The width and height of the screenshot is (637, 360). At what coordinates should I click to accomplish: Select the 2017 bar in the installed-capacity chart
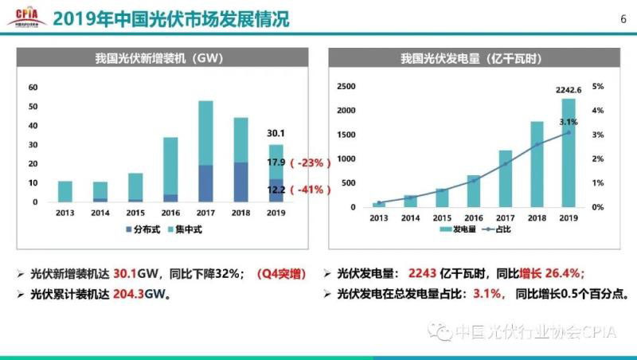pos(205,151)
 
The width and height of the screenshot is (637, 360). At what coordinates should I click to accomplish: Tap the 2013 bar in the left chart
pos(65,191)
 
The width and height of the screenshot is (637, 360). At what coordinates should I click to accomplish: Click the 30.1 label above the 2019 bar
pos(276,134)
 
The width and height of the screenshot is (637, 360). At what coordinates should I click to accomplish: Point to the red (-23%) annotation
pos(310,162)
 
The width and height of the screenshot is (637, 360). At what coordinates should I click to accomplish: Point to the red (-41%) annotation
pos(310,190)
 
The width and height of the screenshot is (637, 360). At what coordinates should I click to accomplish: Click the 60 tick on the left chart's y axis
pos(33,87)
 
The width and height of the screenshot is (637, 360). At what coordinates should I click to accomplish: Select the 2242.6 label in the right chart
pos(569,90)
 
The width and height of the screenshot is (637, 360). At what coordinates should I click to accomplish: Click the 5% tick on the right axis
pos(599,86)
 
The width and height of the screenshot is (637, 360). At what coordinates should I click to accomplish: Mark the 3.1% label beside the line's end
pos(569,122)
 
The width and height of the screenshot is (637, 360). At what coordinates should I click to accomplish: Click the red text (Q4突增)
pos(281,272)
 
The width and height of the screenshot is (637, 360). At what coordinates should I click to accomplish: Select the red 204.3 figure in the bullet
pos(133,292)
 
